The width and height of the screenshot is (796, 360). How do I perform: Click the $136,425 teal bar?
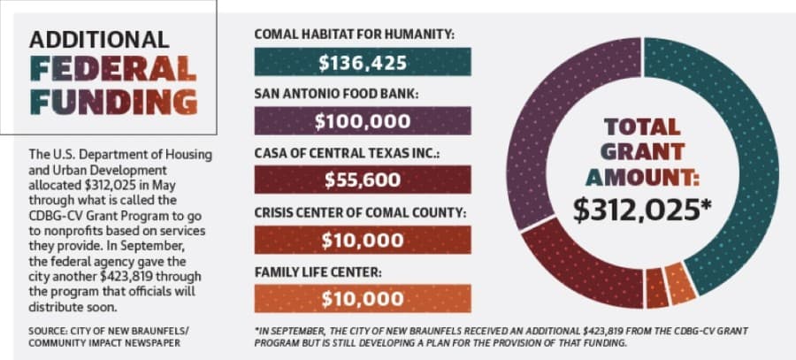coord(363,61)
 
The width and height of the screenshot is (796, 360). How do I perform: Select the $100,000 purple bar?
coord(363,120)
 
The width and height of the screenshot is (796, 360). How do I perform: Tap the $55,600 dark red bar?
coord(363,180)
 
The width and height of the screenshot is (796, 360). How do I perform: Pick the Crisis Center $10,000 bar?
coord(363,240)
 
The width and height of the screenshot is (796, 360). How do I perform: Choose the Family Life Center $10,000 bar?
coord(363,299)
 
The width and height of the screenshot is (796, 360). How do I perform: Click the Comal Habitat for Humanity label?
coord(355,34)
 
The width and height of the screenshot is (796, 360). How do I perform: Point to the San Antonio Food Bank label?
coord(337,94)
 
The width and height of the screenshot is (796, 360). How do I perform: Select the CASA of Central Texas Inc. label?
coord(347,153)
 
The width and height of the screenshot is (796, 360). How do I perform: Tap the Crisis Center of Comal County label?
coord(360,212)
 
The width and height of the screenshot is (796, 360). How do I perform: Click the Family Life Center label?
coord(318,272)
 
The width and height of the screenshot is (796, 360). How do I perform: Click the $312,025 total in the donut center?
coord(642,210)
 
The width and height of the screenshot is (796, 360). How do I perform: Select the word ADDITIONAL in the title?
coord(99,39)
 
